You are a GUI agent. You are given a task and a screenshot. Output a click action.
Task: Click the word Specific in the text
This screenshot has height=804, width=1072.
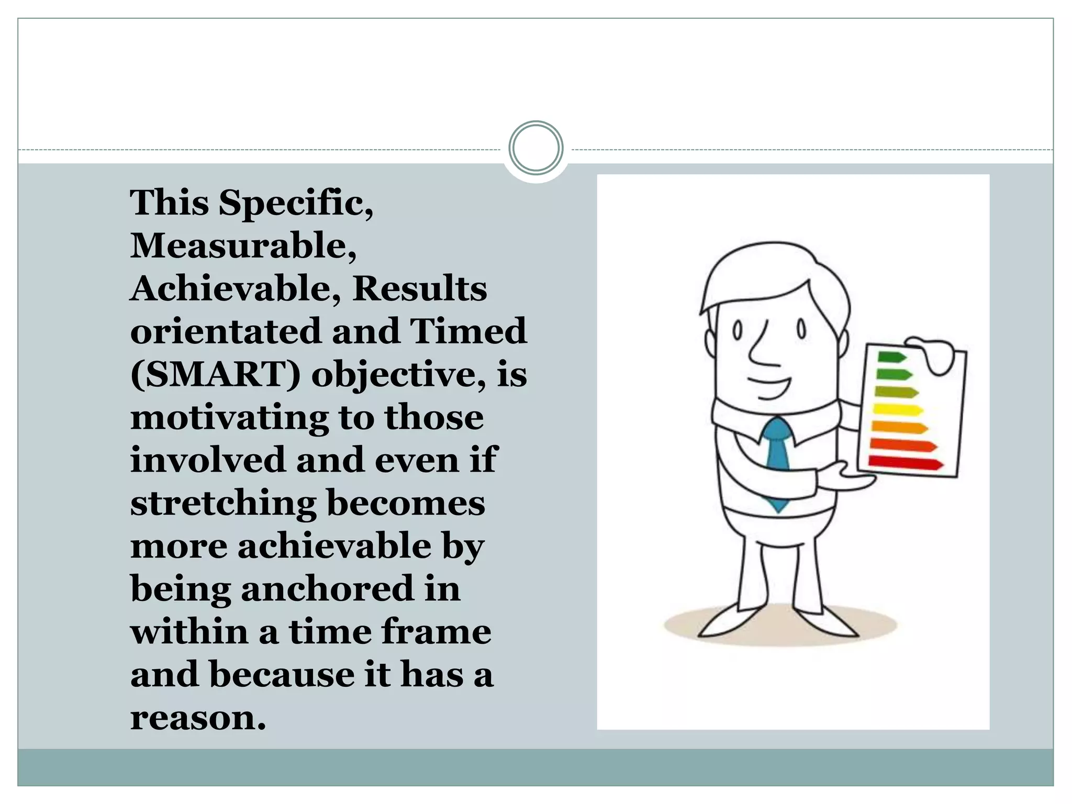point(296,203)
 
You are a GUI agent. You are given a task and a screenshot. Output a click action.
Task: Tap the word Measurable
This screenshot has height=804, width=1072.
point(243,245)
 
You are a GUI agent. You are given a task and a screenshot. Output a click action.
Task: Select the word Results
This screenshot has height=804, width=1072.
point(419,288)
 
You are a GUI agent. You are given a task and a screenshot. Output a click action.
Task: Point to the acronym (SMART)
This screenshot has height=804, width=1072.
point(215,375)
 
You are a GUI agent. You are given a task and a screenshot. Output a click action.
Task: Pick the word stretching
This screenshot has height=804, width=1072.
point(223,503)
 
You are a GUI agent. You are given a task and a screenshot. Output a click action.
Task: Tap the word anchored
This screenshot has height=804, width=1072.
point(327,588)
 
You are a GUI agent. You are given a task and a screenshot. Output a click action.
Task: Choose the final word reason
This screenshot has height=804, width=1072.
point(198,718)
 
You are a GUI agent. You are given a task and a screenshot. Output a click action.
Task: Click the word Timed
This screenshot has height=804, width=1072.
point(468,331)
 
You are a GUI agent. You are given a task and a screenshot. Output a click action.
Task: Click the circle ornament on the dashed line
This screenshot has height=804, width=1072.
point(535,148)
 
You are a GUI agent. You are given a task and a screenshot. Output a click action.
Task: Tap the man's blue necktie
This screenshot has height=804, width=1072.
point(778,461)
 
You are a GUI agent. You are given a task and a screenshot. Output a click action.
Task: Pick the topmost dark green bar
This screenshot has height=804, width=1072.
point(891,358)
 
